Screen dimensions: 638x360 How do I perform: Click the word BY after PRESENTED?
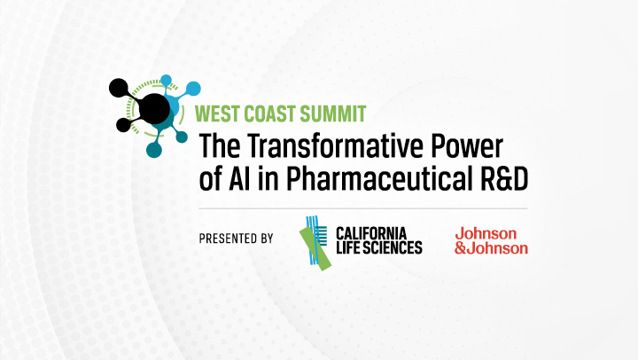click(x=267, y=239)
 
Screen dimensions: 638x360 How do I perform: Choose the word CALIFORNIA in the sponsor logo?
click(x=371, y=234)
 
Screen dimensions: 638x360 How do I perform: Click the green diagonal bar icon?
click(x=315, y=247)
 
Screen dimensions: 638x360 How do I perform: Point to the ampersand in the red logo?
click(x=460, y=248)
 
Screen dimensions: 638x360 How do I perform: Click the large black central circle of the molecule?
click(x=154, y=109)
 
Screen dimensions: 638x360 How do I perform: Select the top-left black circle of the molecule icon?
click(x=119, y=88)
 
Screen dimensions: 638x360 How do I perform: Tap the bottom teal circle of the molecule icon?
click(x=154, y=150)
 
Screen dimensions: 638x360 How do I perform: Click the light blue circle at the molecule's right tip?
click(x=193, y=89)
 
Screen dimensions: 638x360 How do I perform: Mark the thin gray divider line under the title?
click(x=363, y=208)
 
